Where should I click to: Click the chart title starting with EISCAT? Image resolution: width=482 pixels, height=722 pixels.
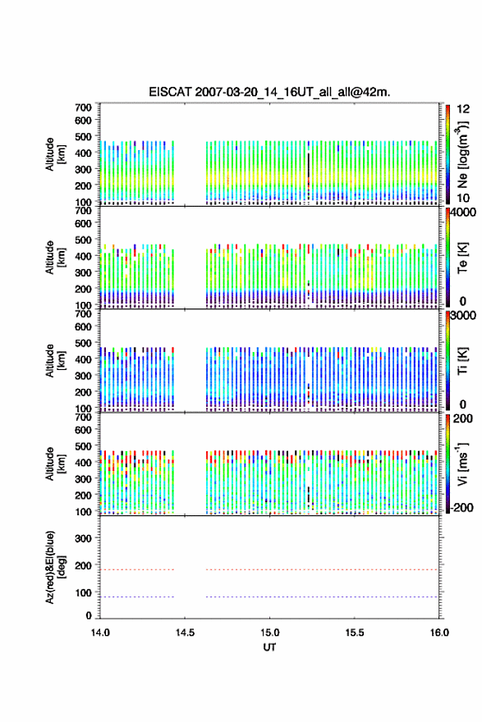click(x=269, y=92)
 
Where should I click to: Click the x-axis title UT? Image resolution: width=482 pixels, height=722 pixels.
click(x=269, y=647)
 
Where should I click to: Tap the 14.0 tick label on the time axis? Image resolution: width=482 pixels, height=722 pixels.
click(x=100, y=633)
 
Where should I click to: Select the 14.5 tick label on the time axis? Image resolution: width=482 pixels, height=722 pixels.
click(x=185, y=633)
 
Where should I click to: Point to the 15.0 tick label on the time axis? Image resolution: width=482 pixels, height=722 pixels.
click(x=269, y=633)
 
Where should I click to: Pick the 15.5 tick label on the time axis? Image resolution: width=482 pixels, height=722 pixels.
click(x=355, y=633)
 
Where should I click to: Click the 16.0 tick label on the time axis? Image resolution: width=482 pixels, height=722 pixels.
click(x=439, y=633)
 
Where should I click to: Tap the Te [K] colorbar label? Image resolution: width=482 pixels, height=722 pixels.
click(x=462, y=258)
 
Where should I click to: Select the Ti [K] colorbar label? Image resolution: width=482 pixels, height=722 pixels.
click(x=462, y=362)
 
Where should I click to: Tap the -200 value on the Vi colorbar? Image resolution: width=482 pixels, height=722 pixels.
click(x=461, y=507)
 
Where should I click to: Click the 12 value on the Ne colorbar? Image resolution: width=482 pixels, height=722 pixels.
click(x=464, y=109)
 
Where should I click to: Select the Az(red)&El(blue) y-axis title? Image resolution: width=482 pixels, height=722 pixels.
click(x=54, y=567)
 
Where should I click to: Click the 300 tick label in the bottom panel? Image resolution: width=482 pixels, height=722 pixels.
click(x=84, y=538)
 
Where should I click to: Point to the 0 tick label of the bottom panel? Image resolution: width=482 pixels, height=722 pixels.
click(x=89, y=615)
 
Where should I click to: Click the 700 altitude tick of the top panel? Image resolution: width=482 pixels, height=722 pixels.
click(x=84, y=107)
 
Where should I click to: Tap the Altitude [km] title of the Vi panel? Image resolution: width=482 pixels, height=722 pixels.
click(x=54, y=464)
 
